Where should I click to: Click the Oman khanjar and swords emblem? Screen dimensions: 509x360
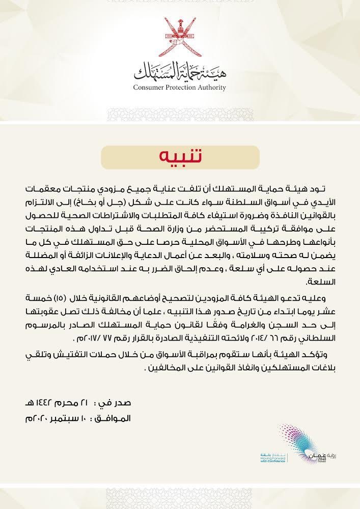coord(180,39)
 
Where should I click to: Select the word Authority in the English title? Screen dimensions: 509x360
coord(211,88)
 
